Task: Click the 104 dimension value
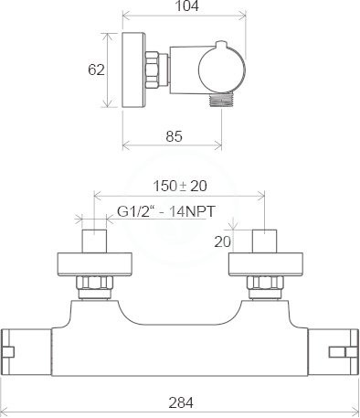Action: coord(187,5)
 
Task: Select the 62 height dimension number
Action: coord(96,70)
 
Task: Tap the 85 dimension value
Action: coord(175,136)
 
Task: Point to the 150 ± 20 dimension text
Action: coord(180,186)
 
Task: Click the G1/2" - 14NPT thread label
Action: coord(166,211)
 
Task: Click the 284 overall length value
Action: coord(181,402)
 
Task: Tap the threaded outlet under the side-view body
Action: coord(221,100)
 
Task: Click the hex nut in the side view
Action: coord(152,70)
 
